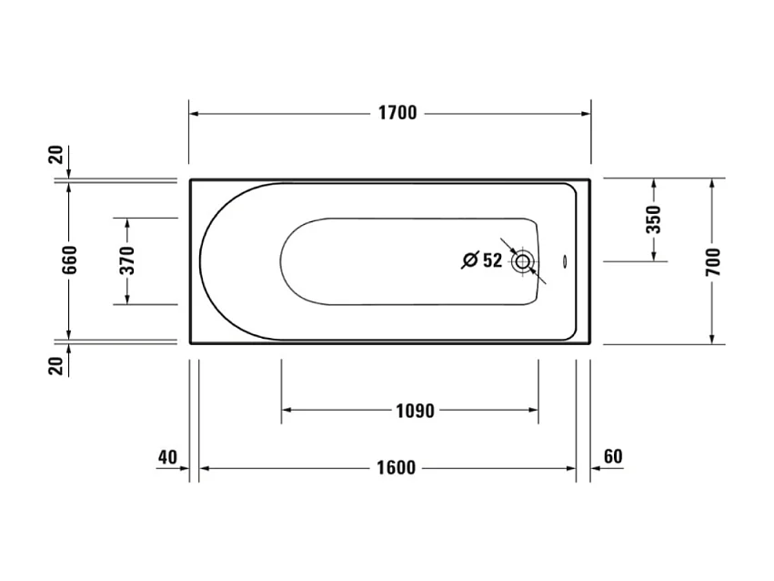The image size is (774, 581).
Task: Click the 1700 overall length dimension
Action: [x=397, y=114]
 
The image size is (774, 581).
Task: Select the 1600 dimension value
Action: [x=397, y=468]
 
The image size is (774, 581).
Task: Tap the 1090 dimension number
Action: [x=414, y=411]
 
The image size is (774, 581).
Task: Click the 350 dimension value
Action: [x=653, y=219]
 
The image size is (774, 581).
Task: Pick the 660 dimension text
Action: [x=70, y=260]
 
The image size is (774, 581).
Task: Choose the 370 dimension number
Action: [x=126, y=261]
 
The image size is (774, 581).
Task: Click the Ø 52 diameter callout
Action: [x=481, y=261]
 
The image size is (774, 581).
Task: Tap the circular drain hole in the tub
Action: [x=523, y=262]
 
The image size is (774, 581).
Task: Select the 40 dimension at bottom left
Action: [x=166, y=456]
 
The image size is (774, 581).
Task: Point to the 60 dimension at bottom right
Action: [x=613, y=456]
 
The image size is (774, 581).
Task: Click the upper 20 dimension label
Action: [x=57, y=155]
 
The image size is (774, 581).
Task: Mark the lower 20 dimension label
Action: [x=57, y=365]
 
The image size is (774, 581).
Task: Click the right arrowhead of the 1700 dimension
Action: [x=585, y=114]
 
